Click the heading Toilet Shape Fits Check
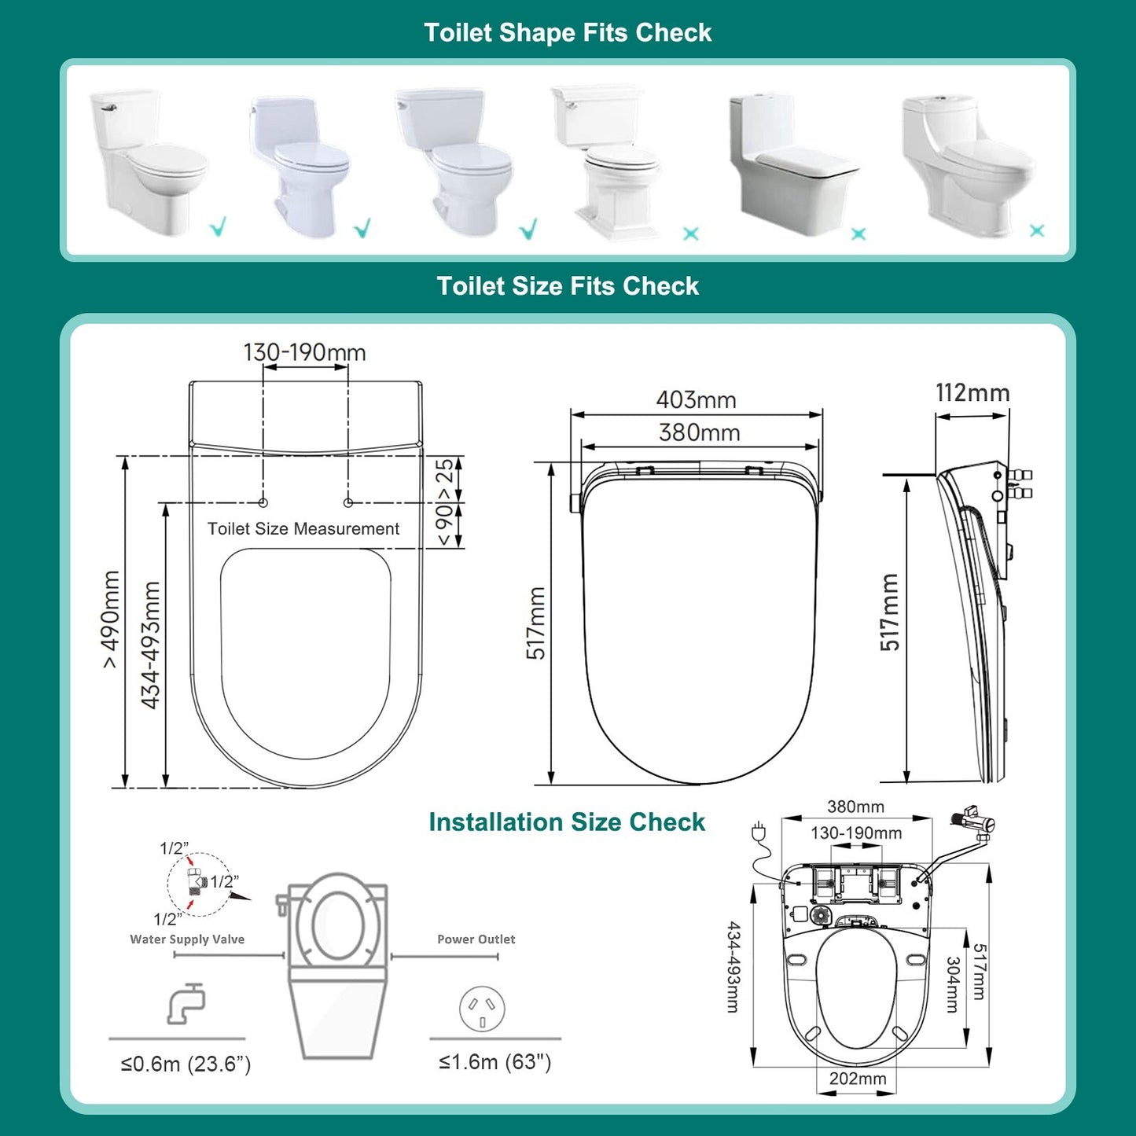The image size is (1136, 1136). (568, 33)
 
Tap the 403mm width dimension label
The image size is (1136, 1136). (696, 400)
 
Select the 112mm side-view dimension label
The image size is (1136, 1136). (972, 393)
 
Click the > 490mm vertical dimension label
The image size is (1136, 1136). (111, 619)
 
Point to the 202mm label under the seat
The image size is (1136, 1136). (857, 1079)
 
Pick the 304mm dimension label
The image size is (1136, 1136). (953, 984)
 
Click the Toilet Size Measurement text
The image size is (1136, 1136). (303, 529)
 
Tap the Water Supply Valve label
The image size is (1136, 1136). (187, 939)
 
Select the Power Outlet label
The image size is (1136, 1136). (476, 939)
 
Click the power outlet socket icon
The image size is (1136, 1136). (482, 1009)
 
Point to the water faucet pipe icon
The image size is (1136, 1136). (186, 1004)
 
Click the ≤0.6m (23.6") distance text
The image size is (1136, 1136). (186, 1064)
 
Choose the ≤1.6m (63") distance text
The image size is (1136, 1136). (494, 1063)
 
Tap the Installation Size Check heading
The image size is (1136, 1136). (567, 822)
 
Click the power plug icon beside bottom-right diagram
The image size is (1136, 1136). (759, 832)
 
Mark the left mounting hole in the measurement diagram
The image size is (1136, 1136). (263, 502)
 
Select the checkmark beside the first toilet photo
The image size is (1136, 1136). (219, 227)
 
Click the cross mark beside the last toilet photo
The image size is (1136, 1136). (1037, 230)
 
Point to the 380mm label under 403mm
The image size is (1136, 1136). (699, 432)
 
